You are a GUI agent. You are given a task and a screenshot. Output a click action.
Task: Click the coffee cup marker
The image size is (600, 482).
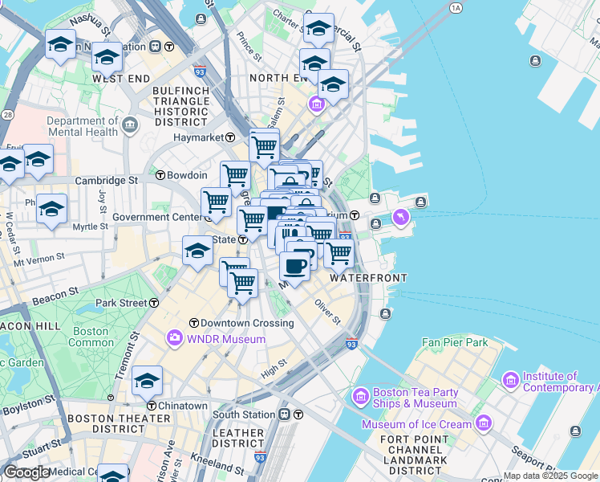click(294, 266)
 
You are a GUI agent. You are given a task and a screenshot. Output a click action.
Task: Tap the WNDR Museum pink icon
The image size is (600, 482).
click(173, 339)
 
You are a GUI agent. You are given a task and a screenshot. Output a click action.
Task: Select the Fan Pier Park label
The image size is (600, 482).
click(455, 342)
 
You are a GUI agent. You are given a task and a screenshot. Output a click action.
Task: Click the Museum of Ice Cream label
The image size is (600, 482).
click(416, 424)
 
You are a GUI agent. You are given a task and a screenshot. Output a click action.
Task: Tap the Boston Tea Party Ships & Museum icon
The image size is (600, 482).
click(360, 397)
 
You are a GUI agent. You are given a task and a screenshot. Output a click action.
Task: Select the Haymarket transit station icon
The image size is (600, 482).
click(229, 138)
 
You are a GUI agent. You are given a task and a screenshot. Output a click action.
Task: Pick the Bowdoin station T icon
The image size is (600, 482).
click(160, 174)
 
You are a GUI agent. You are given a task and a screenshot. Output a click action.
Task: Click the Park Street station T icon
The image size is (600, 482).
click(154, 303)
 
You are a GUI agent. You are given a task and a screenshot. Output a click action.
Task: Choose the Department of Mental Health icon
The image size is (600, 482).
click(131, 125)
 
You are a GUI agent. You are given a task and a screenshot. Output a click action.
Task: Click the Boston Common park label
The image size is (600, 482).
click(91, 337)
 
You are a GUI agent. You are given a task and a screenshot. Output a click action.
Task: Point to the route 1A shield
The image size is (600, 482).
click(456, 8)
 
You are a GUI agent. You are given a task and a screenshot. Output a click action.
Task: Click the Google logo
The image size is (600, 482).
click(26, 472)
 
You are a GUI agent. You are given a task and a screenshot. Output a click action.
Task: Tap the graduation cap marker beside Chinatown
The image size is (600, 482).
click(147, 382)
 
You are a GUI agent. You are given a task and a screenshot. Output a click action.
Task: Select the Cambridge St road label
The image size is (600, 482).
click(107, 181)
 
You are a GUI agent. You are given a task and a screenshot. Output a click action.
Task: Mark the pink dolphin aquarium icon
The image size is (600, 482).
click(400, 217)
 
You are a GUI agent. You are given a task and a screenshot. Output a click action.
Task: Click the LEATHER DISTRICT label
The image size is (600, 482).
click(238, 439)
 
